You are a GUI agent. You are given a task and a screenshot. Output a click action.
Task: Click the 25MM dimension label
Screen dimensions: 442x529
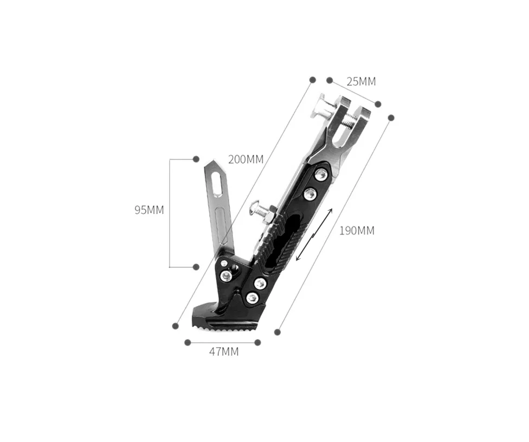361,82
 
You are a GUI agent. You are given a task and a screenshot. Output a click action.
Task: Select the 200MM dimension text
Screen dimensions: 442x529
246,159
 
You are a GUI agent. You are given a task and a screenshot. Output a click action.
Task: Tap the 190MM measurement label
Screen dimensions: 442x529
357,230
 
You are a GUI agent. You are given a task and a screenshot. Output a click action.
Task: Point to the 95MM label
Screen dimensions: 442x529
149,210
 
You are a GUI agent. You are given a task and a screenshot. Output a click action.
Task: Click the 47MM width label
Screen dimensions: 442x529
224,352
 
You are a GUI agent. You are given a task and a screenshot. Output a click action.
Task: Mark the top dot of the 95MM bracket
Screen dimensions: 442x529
196,159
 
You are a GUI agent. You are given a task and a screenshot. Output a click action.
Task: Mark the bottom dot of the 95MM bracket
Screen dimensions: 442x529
196,266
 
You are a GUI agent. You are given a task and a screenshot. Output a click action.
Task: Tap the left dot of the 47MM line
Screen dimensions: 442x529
188,342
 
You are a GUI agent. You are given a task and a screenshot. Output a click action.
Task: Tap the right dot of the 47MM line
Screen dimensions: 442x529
257,342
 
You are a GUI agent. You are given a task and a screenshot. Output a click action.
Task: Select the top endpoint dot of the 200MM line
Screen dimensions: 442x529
312,80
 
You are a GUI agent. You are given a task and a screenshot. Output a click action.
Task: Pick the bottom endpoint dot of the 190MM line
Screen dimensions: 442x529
278,332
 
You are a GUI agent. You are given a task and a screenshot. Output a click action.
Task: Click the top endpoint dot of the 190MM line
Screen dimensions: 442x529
391,118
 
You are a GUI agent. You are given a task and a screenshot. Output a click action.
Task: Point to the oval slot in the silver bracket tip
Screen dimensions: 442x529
217,178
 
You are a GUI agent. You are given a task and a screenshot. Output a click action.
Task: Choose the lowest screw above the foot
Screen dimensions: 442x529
251,297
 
